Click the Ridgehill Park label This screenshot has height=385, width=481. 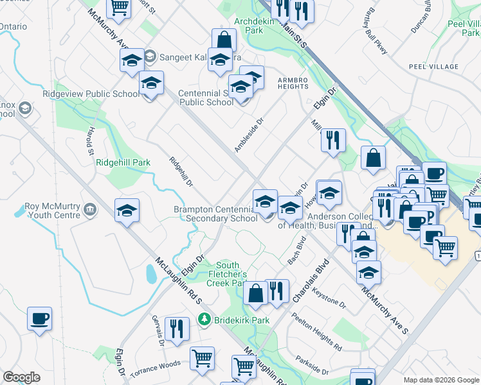click(x=123, y=162)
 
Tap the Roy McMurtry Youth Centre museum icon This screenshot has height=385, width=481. click(x=90, y=210)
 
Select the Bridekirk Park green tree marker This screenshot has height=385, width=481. click(x=204, y=319)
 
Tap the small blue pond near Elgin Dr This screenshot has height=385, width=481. click(x=151, y=274)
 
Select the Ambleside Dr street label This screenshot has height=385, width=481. click(x=249, y=135)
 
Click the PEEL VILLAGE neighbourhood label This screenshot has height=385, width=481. click(x=433, y=67)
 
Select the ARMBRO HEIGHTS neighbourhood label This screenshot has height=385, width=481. click(x=296, y=80)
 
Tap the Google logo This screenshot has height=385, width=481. click(x=21, y=377)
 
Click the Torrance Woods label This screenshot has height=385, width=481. click(x=155, y=364)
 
